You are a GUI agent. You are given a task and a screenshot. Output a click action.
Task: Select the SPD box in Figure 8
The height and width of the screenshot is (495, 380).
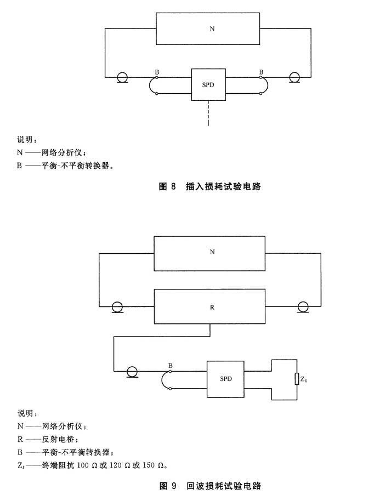click(208, 84)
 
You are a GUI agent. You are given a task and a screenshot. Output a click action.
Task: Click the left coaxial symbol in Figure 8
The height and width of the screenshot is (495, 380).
click(122, 77)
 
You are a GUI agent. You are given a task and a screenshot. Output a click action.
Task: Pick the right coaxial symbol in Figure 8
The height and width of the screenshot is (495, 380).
click(294, 77)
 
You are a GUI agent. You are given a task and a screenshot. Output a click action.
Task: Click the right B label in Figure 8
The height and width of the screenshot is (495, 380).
click(261, 72)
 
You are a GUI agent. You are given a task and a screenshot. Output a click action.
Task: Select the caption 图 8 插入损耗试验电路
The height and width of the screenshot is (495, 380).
click(209, 186)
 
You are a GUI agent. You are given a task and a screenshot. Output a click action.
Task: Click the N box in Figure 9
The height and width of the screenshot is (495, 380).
click(210, 253)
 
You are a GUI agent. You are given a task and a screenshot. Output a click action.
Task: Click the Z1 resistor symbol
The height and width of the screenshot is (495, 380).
click(297, 379)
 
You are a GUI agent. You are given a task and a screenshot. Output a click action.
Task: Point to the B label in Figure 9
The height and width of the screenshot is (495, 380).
click(171, 365)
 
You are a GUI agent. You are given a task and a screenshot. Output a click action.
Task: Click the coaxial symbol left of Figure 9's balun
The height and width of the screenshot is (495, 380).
click(131, 371)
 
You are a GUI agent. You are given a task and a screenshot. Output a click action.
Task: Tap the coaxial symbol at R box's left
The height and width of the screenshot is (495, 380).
click(117, 307)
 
